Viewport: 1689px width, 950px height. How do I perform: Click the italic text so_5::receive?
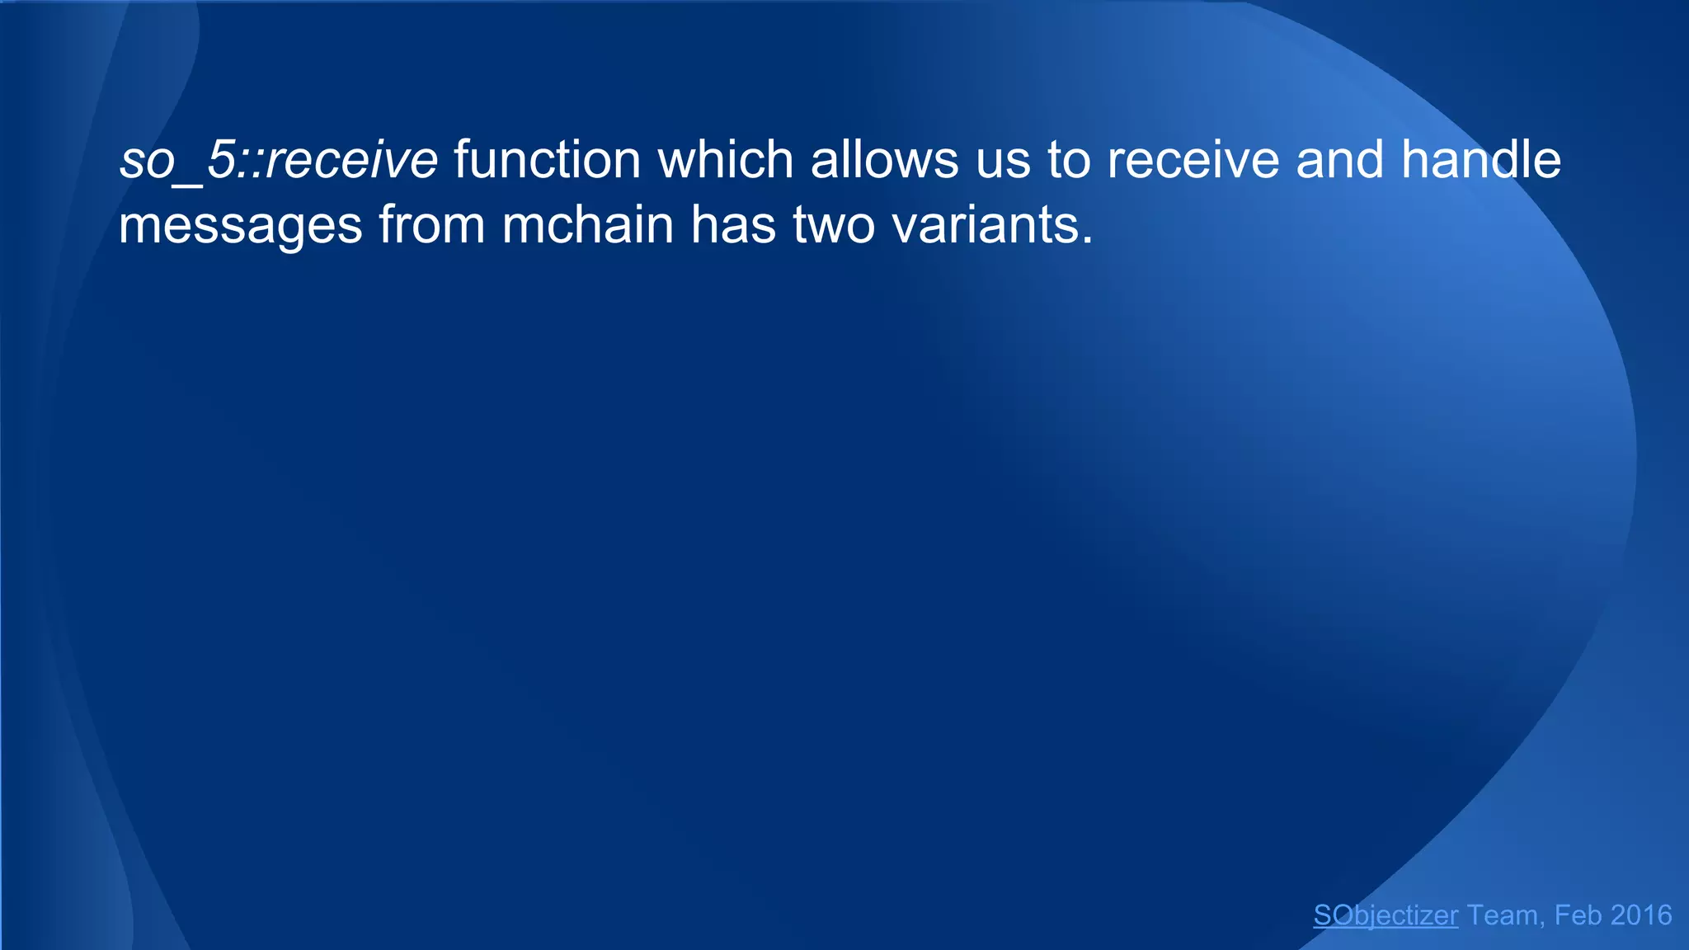pyautogui.click(x=278, y=159)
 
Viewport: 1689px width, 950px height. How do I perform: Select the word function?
pyautogui.click(x=547, y=159)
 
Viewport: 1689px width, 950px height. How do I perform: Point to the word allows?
pyautogui.click(x=884, y=159)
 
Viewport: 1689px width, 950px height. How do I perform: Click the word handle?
pyautogui.click(x=1480, y=159)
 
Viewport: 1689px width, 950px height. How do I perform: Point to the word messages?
pyautogui.click(x=240, y=224)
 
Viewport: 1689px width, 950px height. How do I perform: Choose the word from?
pyautogui.click(x=431, y=224)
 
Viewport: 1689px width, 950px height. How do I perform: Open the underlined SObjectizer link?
pyautogui.click(x=1386, y=915)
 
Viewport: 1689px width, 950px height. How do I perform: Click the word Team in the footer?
pyautogui.click(x=1502, y=915)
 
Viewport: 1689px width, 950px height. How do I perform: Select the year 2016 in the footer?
pyautogui.click(x=1640, y=915)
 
